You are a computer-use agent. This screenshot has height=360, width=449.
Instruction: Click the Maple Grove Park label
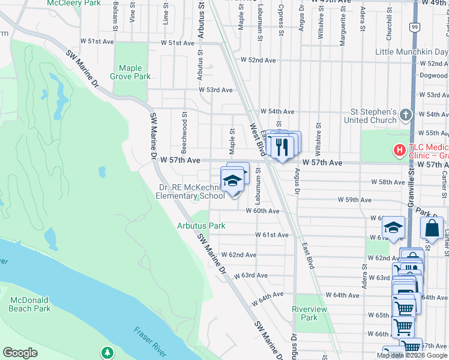[x=130, y=72]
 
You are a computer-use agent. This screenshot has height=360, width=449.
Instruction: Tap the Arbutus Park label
[x=201, y=226]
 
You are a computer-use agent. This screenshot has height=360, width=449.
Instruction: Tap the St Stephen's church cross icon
[x=406, y=115]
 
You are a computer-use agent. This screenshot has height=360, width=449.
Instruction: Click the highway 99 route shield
[x=415, y=27]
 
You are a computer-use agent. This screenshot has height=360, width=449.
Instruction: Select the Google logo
[x=20, y=353]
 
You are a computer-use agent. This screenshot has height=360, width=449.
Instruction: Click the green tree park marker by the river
[x=107, y=352]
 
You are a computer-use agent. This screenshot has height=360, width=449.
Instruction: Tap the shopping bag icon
[x=432, y=228]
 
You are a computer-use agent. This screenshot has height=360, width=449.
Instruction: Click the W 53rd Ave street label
[x=216, y=90]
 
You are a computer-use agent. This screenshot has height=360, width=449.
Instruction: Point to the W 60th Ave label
[x=262, y=211]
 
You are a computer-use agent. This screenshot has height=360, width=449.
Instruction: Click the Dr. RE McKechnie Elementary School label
[x=190, y=191]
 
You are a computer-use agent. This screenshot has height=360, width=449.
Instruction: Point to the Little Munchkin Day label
[x=412, y=52]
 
